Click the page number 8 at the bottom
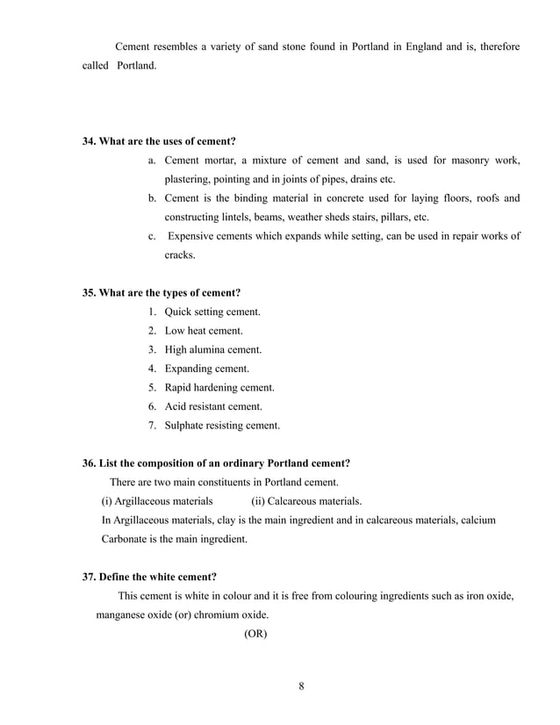coord(301,686)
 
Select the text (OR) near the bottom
coord(255,632)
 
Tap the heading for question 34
coord(159,141)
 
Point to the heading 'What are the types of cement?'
coord(162,292)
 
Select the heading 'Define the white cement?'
coord(149,577)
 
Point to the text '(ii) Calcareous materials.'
coord(305,501)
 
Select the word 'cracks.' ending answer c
coord(180,255)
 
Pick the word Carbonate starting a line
coord(128,539)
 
